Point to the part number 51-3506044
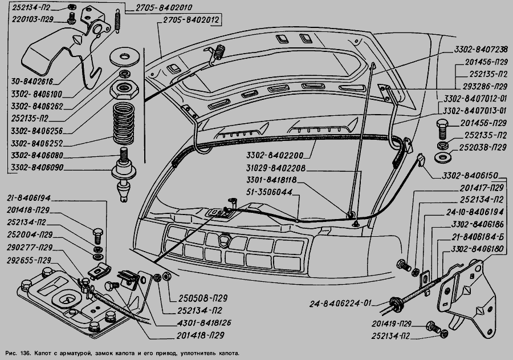272,192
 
